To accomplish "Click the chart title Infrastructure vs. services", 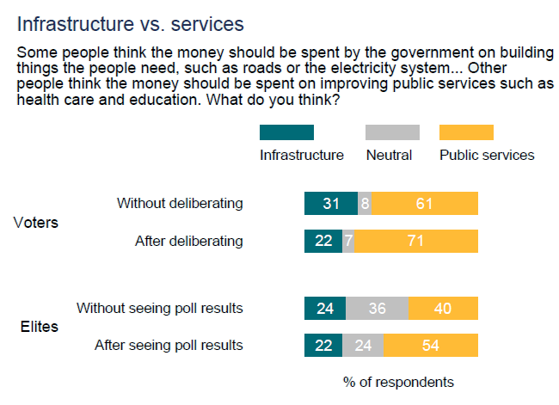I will click(131, 23).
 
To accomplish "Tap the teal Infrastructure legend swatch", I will click(286, 132).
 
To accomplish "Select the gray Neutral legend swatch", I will click(392, 132).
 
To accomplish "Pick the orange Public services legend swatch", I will click(466, 132).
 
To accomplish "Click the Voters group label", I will click(36, 223).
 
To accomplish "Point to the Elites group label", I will click(39, 327).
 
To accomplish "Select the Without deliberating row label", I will click(180, 204).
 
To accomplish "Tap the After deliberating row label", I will click(189, 241).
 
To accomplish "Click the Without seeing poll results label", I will click(160, 308).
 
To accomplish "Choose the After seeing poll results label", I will click(168, 346).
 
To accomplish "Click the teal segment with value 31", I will click(331, 204).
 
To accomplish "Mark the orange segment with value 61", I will click(425, 204).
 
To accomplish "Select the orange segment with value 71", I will click(416, 241).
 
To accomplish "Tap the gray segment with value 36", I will click(378, 308).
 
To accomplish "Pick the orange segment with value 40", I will click(444, 308).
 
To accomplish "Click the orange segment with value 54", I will click(431, 346).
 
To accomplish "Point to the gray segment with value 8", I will click(365, 204).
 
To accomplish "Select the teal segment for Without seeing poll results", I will click(325, 308).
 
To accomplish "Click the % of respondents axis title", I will click(397, 381).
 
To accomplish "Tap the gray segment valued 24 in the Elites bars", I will click(363, 346).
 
